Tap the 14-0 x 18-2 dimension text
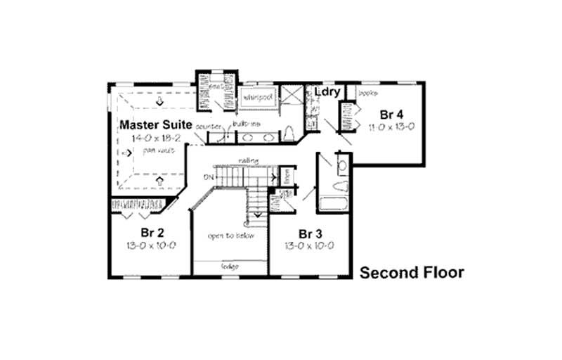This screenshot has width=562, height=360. (152, 138)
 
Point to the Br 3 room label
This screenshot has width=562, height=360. (310, 233)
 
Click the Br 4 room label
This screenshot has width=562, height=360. (391, 114)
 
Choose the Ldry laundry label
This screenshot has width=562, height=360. (327, 92)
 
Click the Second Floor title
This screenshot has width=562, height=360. (412, 273)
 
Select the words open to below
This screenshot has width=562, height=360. (230, 236)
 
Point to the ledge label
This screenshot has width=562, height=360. (230, 266)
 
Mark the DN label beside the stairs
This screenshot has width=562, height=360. (207, 176)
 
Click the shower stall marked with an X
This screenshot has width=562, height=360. (289, 96)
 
